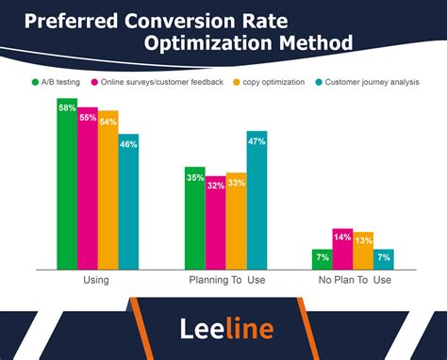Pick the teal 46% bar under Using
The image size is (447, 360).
[x=128, y=202]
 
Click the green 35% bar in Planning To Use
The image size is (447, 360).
[x=195, y=219]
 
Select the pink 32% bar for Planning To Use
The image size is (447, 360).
[x=215, y=223]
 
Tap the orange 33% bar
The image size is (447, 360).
[x=236, y=221]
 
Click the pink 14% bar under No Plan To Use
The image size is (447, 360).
[x=342, y=250]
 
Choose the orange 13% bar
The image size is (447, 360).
[x=363, y=252]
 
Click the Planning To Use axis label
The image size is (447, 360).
[x=225, y=280]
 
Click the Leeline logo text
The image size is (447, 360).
[x=226, y=328]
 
